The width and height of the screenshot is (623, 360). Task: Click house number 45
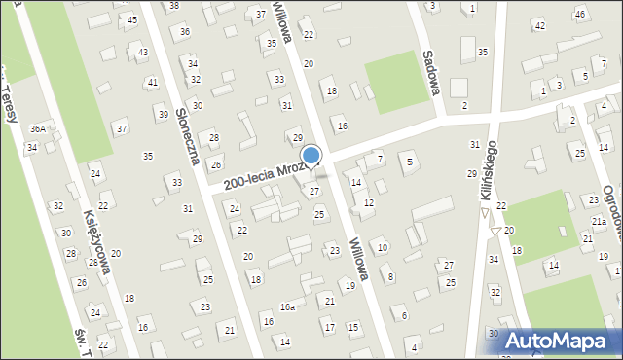coord(131,18)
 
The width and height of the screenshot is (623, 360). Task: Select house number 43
coord(143,52)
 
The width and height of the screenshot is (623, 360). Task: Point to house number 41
coord(152,83)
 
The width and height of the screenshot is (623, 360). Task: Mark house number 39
coord(163,115)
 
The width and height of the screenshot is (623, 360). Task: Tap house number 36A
coord(37,128)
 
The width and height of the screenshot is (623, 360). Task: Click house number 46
coord(579,14)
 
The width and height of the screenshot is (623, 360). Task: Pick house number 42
coord(539,25)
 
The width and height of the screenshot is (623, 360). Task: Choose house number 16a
coord(287,306)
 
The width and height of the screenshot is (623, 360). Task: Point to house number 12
coord(368,203)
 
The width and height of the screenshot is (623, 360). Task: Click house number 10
coord(383,248)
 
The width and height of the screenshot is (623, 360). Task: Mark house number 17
coord(329,327)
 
